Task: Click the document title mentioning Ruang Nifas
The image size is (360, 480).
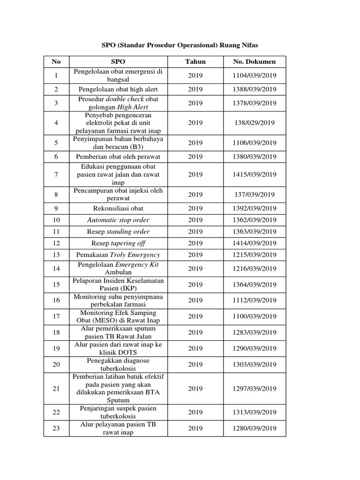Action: [180, 45]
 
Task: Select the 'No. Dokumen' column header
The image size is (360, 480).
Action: [255, 62]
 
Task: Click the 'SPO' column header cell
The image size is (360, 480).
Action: [118, 62]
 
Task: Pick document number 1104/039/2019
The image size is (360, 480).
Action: [255, 75]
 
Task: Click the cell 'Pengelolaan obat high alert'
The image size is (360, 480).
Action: [118, 89]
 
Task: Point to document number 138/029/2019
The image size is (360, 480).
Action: [255, 123]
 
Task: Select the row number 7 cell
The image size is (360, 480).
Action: [56, 174]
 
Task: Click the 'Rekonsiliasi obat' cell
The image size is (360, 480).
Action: [118, 208]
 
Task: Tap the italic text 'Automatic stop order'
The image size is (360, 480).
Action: [118, 220]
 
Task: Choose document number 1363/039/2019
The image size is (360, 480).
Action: [255, 232]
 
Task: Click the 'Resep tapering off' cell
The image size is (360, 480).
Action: [118, 243]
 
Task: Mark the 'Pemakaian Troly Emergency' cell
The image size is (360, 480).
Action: [118, 255]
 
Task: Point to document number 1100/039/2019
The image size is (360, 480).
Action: [255, 316]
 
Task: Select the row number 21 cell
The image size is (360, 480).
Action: [56, 389]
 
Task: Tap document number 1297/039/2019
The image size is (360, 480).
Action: [255, 389]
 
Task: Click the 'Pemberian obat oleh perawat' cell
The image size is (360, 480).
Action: [118, 157]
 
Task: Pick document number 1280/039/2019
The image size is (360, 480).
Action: [255, 428]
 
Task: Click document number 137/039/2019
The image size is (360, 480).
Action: [255, 195]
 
